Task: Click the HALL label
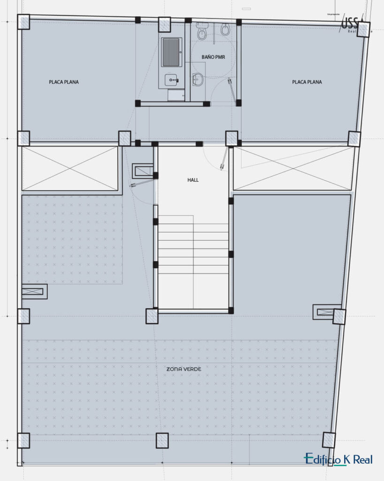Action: coord(193,180)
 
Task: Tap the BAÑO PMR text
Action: coord(213,56)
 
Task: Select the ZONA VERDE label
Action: coord(184,369)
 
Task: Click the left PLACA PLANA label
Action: coord(64,82)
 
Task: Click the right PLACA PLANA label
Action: coord(307,82)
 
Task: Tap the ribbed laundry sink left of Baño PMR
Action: coord(171,52)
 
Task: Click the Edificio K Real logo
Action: coord(338,459)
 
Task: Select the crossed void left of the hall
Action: coord(69,169)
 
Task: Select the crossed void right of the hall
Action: coord(292,169)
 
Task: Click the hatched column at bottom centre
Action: coord(162,440)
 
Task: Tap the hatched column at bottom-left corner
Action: coord(23,440)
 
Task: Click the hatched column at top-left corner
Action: coord(23,22)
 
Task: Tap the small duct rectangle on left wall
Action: coord(34,291)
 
